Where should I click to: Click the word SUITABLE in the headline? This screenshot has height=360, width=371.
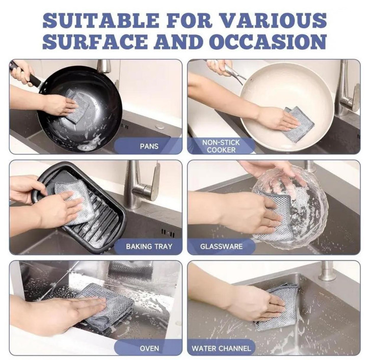[100, 20]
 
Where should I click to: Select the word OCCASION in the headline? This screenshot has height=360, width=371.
[268, 41]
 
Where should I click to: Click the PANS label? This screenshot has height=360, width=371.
[149, 146]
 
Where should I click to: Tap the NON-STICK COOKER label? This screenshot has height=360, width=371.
[221, 146]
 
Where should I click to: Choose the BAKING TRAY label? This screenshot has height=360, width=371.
[149, 246]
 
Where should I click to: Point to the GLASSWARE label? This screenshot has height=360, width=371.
[221, 246]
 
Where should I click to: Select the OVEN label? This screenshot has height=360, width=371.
[149, 348]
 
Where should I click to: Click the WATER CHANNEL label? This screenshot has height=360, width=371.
[221, 348]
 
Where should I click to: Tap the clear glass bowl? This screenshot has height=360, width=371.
[291, 206]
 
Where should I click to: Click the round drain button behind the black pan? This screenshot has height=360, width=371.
[160, 127]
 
